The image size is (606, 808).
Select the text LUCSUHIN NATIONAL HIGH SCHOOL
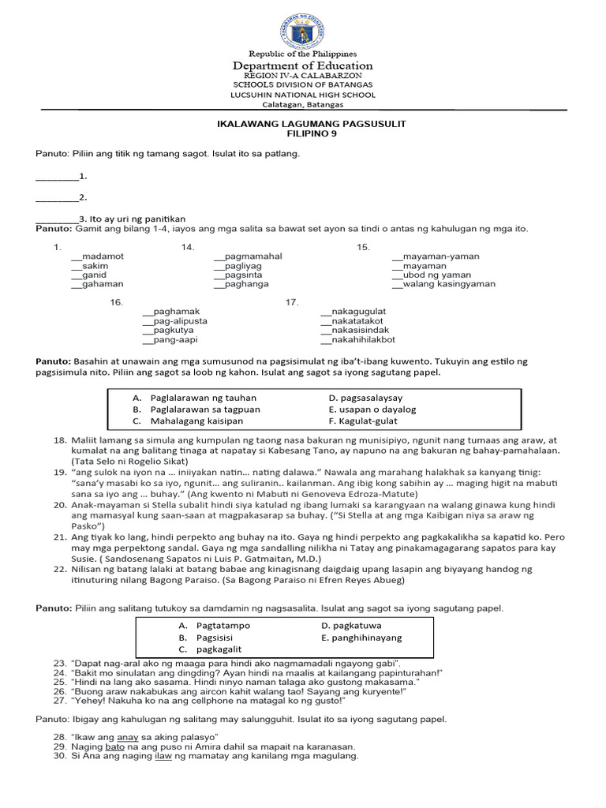[303, 95]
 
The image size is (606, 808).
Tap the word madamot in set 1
[102, 256]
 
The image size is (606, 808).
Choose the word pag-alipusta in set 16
[181, 321]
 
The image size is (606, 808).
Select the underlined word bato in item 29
[115, 746]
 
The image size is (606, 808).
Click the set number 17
[292, 302]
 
